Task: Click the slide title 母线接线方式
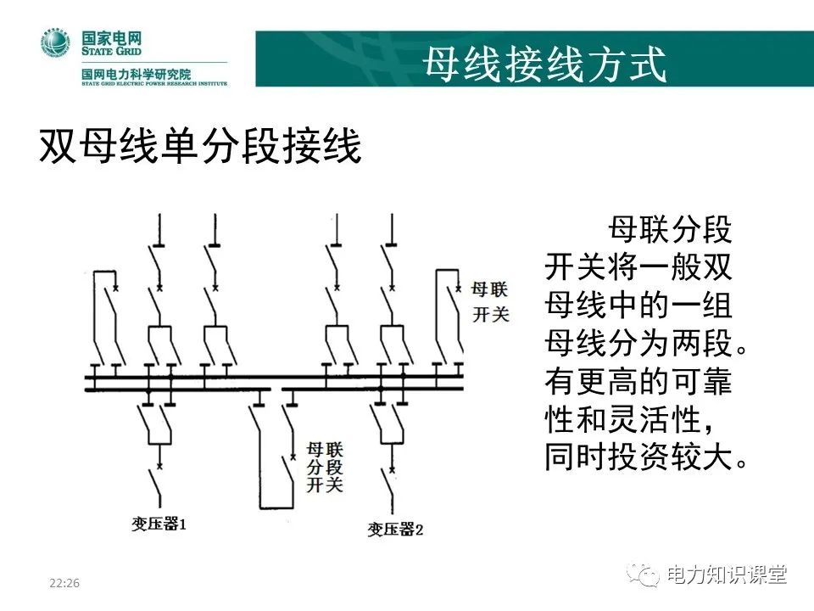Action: pyautogui.click(x=544, y=62)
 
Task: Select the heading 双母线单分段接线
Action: pyautogui.click(x=200, y=148)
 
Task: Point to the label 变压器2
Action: pyautogui.click(x=395, y=530)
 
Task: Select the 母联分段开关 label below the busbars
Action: pyautogui.click(x=324, y=466)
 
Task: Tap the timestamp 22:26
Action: pyautogui.click(x=64, y=583)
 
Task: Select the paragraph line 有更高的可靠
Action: pyautogui.click(x=638, y=382)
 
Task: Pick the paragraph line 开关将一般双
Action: pyautogui.click(x=638, y=268)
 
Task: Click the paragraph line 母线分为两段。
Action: pyautogui.click(x=648, y=344)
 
